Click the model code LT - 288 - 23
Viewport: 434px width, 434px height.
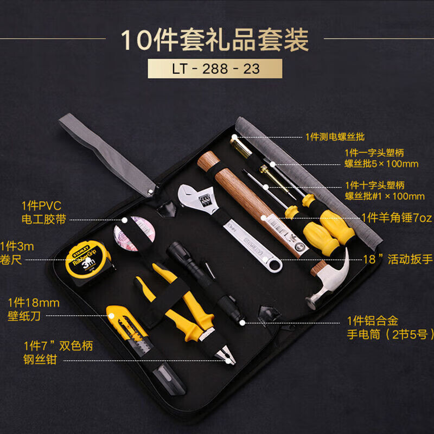coord(215,69)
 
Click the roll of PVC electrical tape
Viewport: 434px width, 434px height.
coord(135,233)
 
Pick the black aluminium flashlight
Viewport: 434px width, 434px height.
coord(205,282)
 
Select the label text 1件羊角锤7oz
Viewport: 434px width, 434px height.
coord(397,218)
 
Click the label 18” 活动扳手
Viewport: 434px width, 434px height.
coord(398,259)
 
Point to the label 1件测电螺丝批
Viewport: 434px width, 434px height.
coord(335,137)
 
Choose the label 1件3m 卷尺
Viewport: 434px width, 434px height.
coord(17,253)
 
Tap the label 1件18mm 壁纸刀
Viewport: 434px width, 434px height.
coord(33,309)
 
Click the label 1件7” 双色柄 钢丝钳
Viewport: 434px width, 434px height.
coord(58,353)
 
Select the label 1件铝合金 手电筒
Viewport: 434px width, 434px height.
coord(390,328)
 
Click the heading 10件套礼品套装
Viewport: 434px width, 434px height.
coord(215,40)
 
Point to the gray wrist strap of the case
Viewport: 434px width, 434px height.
coord(107,155)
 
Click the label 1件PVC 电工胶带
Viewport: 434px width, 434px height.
coord(44,213)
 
